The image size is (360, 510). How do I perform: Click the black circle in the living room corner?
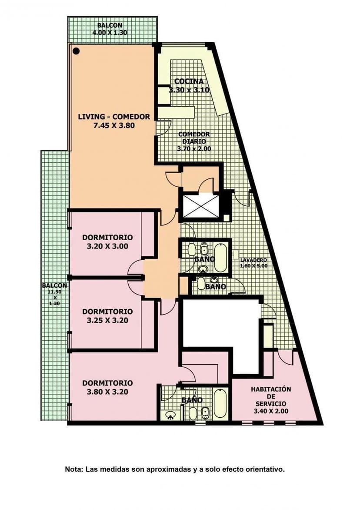tap(77, 51)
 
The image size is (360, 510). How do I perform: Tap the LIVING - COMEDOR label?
tap(114, 117)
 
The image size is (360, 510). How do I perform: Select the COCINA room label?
tap(189, 81)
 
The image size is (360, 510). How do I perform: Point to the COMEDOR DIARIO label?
tap(194, 138)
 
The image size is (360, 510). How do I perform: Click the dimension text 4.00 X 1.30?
tap(110, 33)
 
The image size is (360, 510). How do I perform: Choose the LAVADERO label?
tap(254, 260)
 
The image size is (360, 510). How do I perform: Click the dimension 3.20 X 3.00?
tap(107, 246)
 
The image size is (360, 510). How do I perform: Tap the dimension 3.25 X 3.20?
tap(107, 320)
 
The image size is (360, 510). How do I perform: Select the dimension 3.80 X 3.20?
tap(107, 392)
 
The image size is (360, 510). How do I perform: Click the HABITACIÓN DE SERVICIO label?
tap(271, 396)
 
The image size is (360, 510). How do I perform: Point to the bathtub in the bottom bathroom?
tap(220, 403)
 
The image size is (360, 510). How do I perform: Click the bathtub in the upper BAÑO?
tap(220, 257)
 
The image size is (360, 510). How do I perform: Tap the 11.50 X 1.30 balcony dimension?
tap(55, 298)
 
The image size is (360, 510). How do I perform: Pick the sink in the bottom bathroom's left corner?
tap(170, 415)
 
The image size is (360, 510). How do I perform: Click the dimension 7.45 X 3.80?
tap(114, 125)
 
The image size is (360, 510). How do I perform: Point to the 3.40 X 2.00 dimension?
tap(271, 411)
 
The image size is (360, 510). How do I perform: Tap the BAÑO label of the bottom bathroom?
tap(192, 400)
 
